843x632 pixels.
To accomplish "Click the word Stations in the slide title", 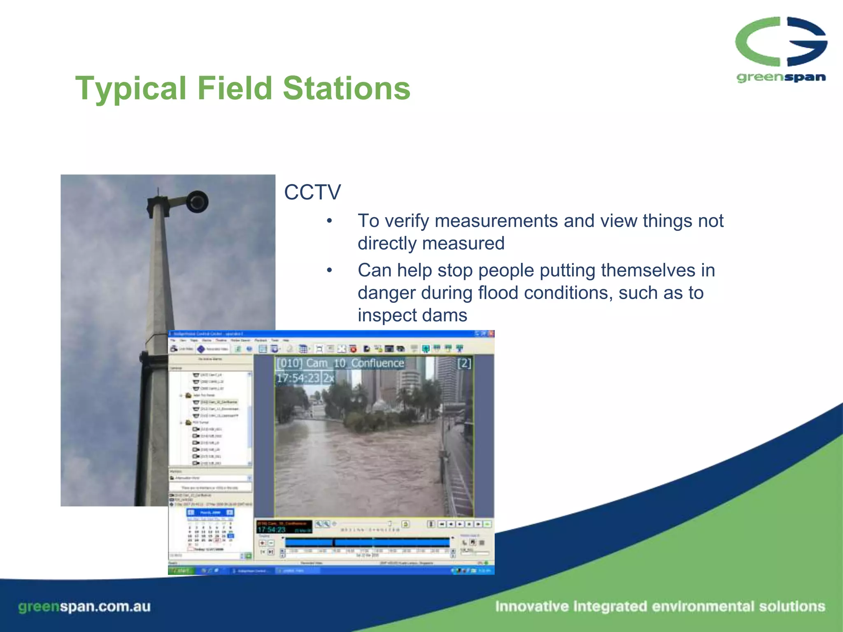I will pyautogui.click(x=347, y=88).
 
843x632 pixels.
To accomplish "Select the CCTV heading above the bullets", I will pyautogui.click(x=312, y=192).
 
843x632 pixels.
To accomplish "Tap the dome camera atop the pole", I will pyautogui.click(x=197, y=202).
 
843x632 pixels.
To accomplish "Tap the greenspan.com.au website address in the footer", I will pyautogui.click(x=84, y=606).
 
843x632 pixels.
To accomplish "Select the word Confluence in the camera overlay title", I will pyautogui.click(x=377, y=363).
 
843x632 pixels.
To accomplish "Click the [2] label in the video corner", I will pyautogui.click(x=464, y=363).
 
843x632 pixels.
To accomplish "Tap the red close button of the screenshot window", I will pyautogui.click(x=491, y=334).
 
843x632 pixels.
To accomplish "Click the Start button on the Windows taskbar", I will pyautogui.click(x=180, y=570).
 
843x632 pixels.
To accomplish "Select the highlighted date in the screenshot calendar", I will pyautogui.click(x=231, y=536).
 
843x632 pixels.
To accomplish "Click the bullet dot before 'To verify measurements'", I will pyautogui.click(x=329, y=221).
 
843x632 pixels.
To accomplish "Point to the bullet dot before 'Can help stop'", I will pyautogui.click(x=329, y=271).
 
